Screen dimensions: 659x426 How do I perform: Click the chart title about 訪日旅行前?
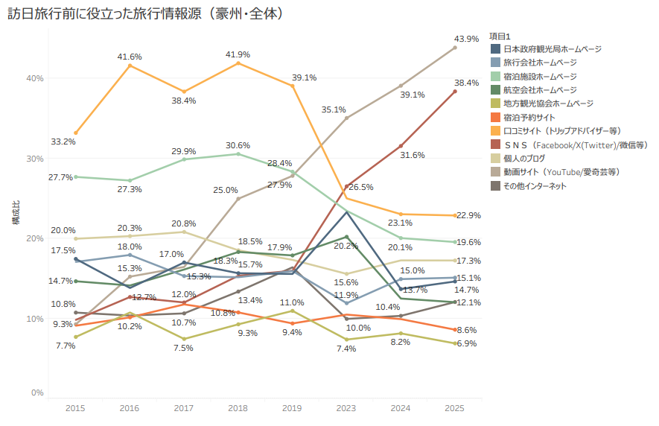point(146,13)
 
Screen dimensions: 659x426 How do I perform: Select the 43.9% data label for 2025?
point(466,39)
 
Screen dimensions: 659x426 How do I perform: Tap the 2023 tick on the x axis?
point(346,408)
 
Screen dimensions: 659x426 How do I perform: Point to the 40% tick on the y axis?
point(35,78)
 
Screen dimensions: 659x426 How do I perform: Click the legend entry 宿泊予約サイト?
point(529,118)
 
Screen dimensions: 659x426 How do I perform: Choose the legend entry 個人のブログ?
point(524,158)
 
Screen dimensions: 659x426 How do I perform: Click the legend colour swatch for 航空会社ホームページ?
point(495,90)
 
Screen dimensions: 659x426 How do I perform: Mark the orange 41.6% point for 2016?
point(130,66)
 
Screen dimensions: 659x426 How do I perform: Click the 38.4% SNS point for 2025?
point(455,92)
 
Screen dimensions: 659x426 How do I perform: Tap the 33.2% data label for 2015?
point(63,142)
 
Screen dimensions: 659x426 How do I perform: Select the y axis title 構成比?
point(16,212)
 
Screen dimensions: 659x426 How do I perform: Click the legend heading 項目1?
point(500,36)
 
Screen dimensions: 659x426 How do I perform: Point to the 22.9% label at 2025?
point(468,215)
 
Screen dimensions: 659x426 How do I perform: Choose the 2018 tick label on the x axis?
point(238,408)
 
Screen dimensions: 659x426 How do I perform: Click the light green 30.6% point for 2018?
point(238,154)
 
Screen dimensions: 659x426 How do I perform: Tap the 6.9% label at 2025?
point(467,343)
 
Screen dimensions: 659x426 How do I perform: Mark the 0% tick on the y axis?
point(37,392)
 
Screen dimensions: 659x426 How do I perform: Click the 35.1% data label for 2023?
point(334,109)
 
